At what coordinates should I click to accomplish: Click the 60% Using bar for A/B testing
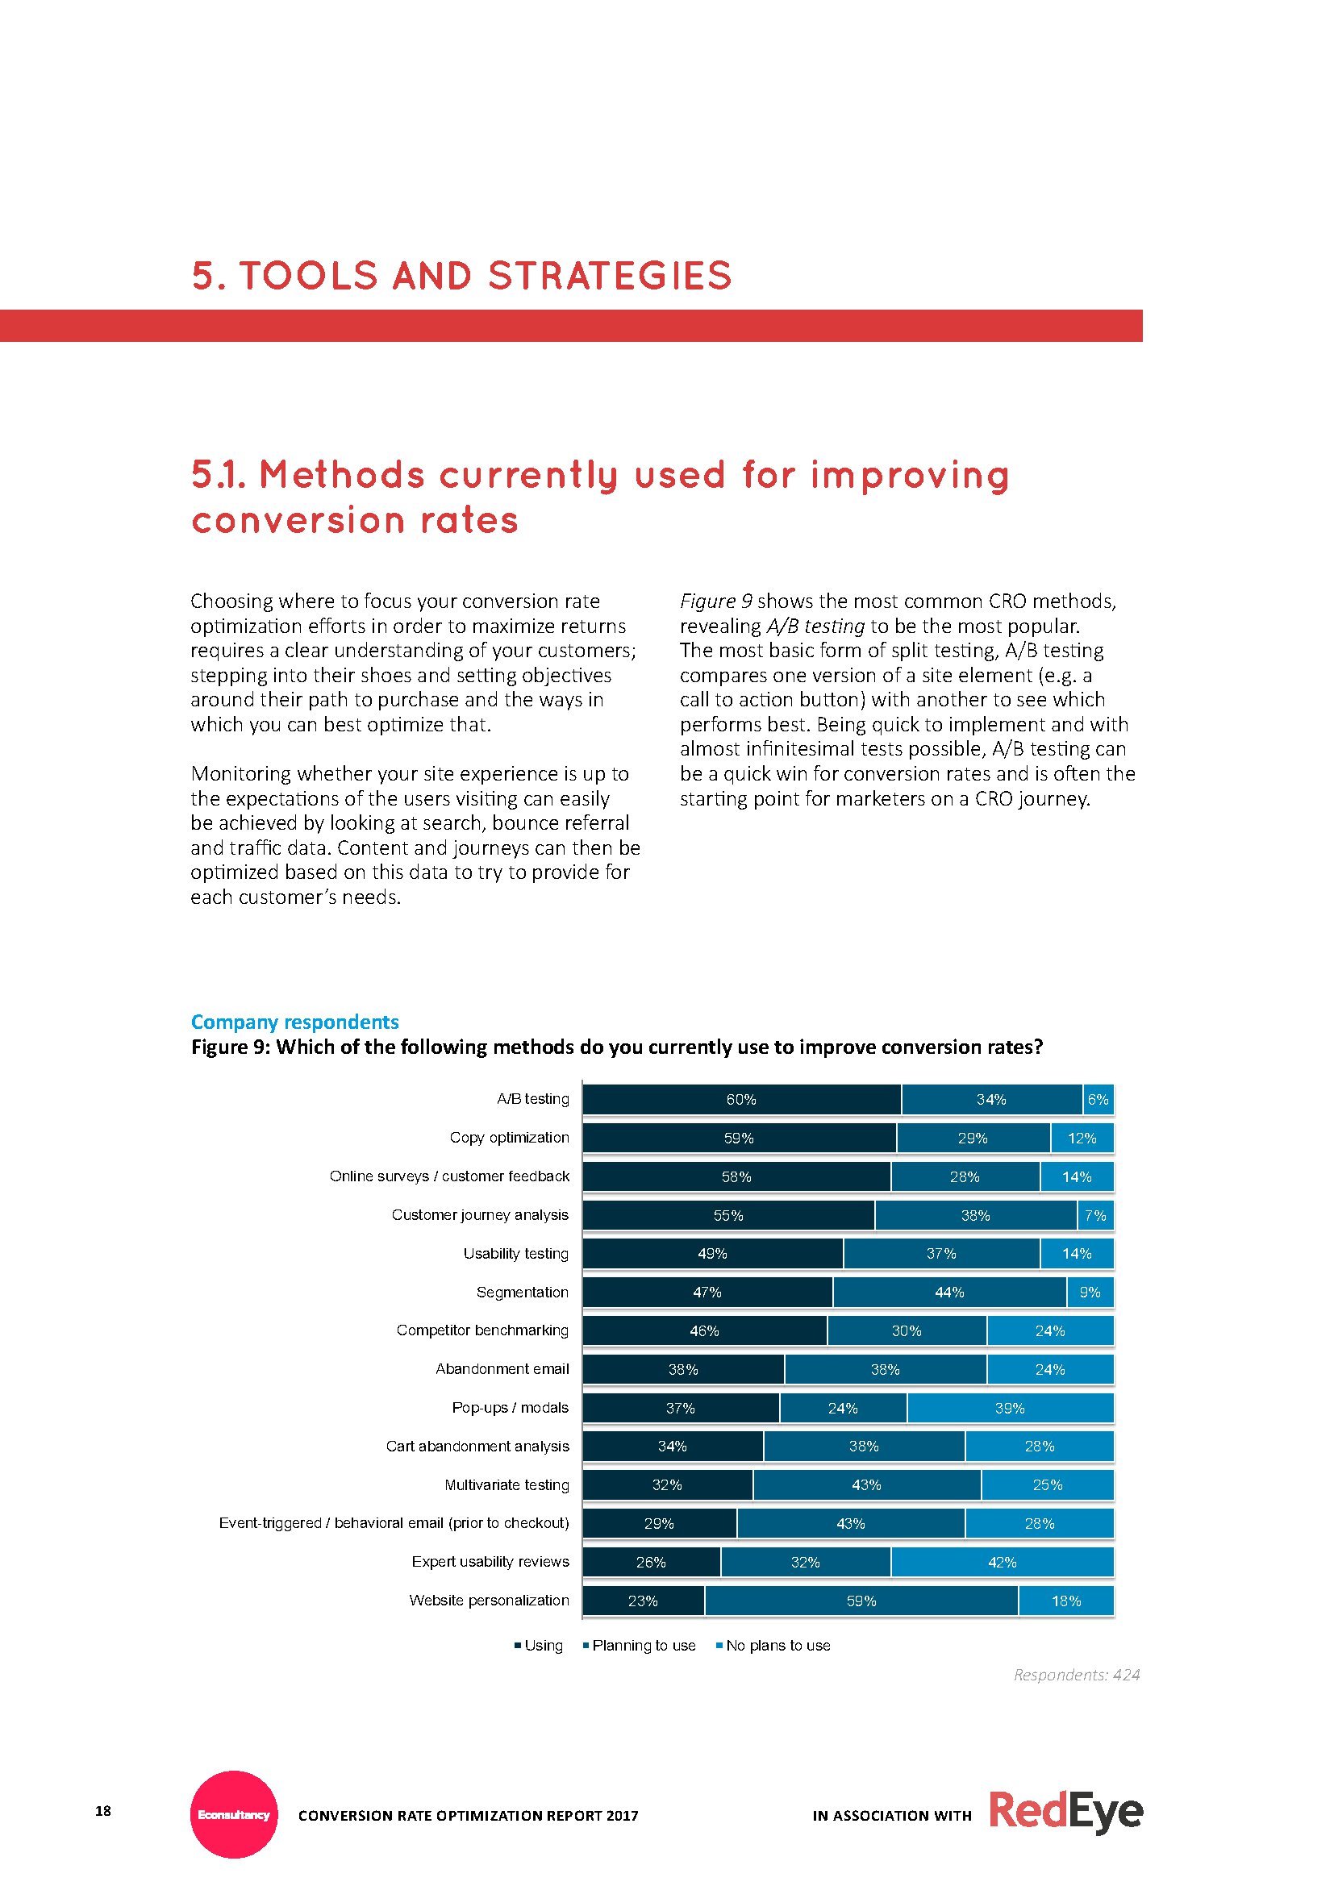741,1099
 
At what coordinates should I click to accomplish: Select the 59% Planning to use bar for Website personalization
861,1601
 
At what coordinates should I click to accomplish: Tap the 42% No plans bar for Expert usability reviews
1003,1563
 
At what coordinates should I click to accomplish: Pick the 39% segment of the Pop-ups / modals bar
1010,1408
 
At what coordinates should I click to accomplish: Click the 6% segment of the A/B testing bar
1098,1099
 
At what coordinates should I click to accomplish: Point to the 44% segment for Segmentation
948,1292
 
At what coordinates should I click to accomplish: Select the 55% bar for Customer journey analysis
727,1215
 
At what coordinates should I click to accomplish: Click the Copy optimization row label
508,1138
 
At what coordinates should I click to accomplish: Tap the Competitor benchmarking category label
482,1330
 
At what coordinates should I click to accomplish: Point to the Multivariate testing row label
506,1484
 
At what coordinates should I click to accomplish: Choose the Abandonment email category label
502,1368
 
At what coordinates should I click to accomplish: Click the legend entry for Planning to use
639,1646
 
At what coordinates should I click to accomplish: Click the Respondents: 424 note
1076,1674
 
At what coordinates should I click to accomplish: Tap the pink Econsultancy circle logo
234,1813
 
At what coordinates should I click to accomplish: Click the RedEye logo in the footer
1065,1812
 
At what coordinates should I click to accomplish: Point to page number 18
102,1810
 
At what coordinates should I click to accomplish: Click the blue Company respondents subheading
294,1022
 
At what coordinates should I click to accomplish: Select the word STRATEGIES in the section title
610,276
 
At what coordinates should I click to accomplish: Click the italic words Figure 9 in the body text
715,602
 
